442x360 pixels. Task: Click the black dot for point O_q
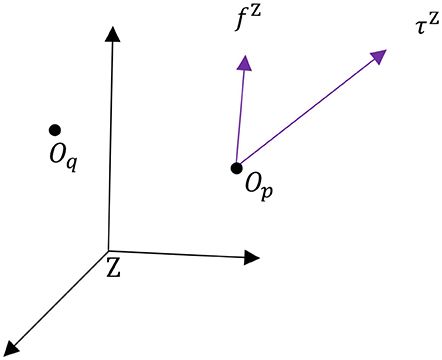[x=55, y=129]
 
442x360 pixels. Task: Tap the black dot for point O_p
[x=236, y=167]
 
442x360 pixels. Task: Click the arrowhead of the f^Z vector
[x=242, y=61]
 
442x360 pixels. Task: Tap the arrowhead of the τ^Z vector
[x=379, y=56]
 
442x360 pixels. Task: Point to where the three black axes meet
[x=108, y=251]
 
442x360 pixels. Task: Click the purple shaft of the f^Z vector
[x=239, y=115]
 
